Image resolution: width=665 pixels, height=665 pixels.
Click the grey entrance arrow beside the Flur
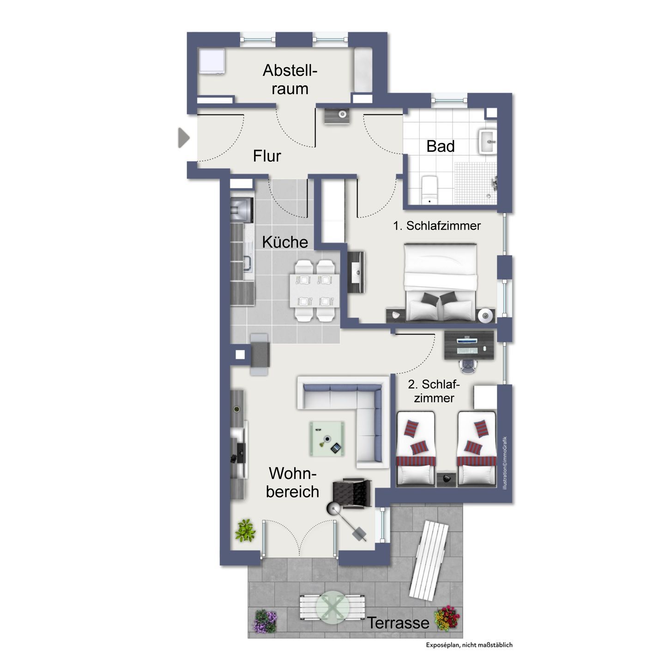[x=183, y=138]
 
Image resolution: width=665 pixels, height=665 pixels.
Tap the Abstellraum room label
[x=290, y=79]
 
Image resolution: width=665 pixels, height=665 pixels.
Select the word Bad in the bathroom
[x=441, y=146]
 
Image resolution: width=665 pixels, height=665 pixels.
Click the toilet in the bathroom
[x=429, y=189]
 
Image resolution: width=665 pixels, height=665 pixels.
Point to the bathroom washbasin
[x=487, y=141]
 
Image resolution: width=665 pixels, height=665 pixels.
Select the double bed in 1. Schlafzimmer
[x=441, y=282]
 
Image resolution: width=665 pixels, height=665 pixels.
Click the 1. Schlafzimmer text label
[x=436, y=226]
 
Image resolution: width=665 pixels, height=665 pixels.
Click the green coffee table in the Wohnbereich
[x=326, y=439]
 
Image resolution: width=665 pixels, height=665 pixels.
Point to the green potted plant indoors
[x=245, y=530]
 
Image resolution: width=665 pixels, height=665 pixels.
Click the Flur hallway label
[x=267, y=156]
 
